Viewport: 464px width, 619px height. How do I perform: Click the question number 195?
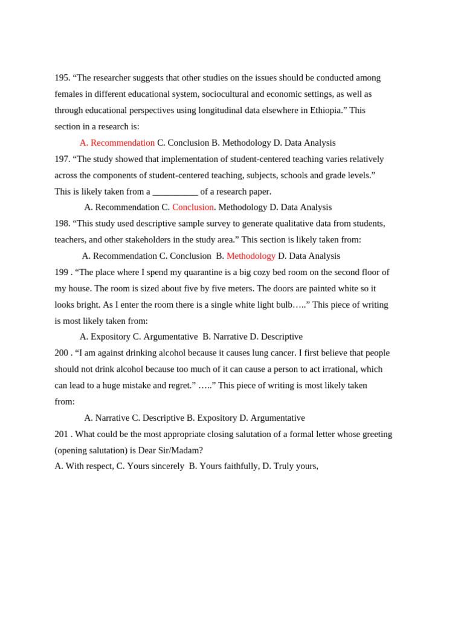pos(62,78)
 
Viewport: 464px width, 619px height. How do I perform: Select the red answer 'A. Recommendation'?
pos(117,143)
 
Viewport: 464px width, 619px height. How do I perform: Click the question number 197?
pos(62,159)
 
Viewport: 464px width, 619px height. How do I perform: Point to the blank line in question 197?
pos(175,192)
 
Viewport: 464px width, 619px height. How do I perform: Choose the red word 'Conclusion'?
pos(193,207)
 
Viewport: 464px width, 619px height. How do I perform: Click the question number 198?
pos(62,224)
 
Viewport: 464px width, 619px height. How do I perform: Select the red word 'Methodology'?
pos(251,256)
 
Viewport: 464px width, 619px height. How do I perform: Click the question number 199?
pos(62,272)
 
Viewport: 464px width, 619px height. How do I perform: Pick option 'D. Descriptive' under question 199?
pos(276,337)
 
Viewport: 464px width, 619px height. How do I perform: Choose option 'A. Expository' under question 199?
pos(105,337)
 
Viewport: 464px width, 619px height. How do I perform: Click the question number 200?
pos(62,353)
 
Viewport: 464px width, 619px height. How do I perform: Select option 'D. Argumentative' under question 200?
pos(272,418)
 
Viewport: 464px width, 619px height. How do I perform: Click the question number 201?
pos(62,434)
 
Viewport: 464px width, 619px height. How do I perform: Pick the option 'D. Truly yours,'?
pos(290,466)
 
